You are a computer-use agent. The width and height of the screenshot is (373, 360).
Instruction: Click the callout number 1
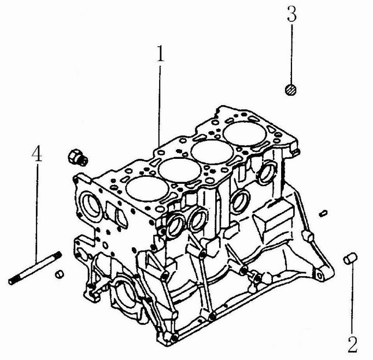[161, 53]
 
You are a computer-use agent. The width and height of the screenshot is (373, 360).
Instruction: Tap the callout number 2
[352, 344]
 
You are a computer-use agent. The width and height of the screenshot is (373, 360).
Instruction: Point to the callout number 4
[37, 153]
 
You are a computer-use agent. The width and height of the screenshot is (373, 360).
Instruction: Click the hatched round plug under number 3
[291, 90]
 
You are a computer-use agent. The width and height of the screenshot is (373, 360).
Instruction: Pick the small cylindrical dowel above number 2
[350, 258]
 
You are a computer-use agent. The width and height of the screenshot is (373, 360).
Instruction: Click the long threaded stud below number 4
[35, 268]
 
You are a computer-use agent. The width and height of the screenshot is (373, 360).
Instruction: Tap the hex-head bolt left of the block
[78, 157]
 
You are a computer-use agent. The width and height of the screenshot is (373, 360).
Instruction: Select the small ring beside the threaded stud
[59, 274]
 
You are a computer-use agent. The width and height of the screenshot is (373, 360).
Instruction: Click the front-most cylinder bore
[147, 188]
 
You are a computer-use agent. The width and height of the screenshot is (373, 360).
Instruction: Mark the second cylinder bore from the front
[180, 170]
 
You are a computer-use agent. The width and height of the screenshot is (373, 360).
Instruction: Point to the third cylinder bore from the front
[212, 152]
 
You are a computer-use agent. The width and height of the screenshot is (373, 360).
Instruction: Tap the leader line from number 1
[160, 106]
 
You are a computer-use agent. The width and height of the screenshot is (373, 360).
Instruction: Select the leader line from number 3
[291, 54]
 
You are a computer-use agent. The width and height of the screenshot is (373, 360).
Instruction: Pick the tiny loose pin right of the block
[323, 213]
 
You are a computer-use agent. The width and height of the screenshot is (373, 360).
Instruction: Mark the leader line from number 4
[37, 212]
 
